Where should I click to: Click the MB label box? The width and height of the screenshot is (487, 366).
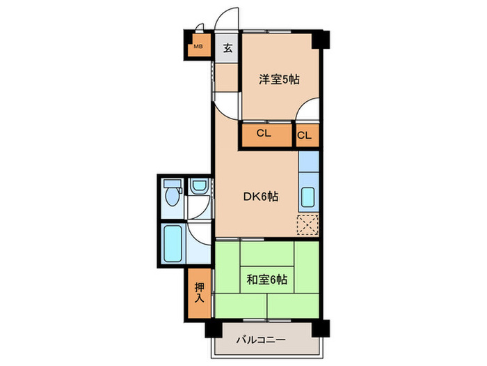click(198, 47)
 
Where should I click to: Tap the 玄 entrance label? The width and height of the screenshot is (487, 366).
click(227, 48)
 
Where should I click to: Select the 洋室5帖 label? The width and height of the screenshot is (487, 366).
click(280, 79)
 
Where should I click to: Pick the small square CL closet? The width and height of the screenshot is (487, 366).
click(305, 135)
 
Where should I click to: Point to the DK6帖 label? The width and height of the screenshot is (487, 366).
click(261, 197)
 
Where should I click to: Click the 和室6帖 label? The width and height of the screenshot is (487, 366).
click(266, 280)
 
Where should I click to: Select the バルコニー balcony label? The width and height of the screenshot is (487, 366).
click(261, 340)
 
